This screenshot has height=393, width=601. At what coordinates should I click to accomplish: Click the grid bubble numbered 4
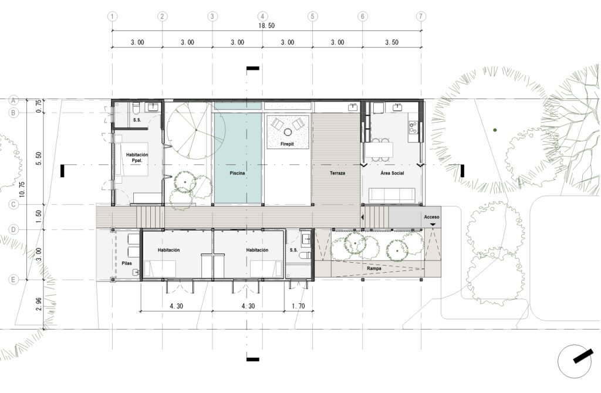[x=262, y=16]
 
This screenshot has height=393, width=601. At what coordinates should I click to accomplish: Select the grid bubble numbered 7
[x=421, y=16]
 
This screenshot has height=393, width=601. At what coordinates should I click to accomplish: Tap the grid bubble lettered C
[x=13, y=205]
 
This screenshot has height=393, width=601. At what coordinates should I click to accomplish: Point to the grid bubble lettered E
[x=13, y=280]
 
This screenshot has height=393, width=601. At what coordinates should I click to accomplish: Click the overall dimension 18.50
[x=266, y=26]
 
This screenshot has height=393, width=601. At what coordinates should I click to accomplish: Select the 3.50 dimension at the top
[x=391, y=42]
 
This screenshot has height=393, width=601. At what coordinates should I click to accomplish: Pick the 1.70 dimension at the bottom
[x=298, y=306]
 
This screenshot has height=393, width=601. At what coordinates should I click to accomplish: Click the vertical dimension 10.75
[x=22, y=189]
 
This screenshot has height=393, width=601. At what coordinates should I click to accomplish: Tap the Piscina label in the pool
[x=237, y=173]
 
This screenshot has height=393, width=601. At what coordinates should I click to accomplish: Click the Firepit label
[x=287, y=144]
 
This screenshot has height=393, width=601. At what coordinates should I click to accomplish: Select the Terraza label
[x=337, y=173]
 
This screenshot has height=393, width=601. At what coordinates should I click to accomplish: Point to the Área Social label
[x=392, y=173]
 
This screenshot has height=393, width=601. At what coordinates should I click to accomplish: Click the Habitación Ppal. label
[x=137, y=157]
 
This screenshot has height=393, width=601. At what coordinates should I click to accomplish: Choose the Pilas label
[x=127, y=263]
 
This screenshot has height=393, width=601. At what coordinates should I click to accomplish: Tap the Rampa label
[x=374, y=269]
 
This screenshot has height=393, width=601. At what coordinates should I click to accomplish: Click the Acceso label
[x=431, y=217]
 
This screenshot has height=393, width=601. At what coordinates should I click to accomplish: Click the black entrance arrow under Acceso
[x=433, y=225]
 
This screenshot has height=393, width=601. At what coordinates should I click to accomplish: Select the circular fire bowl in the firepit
[x=288, y=132]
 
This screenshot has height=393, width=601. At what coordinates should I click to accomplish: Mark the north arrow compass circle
[x=574, y=361]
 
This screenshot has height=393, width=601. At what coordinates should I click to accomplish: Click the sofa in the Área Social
[x=392, y=195]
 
